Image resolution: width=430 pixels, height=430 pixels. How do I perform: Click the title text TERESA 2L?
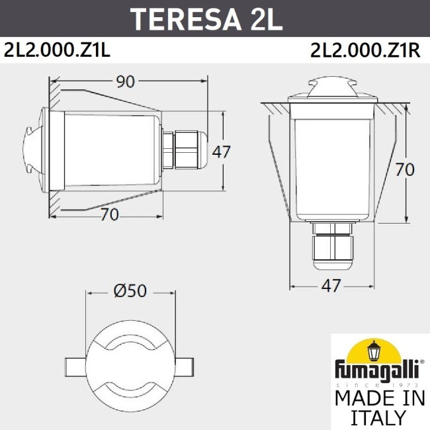click(x=206, y=20)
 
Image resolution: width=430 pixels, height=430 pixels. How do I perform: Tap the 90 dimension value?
click(x=125, y=81)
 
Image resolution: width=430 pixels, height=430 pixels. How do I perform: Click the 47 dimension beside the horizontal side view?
click(x=221, y=151)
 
